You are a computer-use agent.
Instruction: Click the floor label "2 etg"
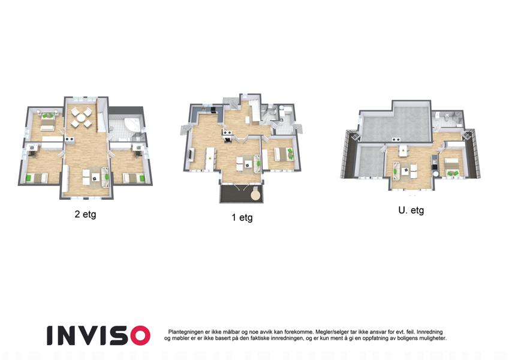[x=85, y=214]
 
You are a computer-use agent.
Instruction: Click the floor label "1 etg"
[x=242, y=217]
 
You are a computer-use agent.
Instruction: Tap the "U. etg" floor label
[x=411, y=211]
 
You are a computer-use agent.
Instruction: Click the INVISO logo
[x=98, y=335]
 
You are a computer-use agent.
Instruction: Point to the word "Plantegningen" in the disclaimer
[x=186, y=332]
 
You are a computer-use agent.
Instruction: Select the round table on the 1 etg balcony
[x=256, y=195]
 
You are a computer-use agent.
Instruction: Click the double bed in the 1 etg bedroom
[x=284, y=154]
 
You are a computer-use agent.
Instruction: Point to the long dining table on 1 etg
[x=210, y=158]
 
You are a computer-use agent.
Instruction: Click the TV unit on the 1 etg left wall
[x=191, y=155]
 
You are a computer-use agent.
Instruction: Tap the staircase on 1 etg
[x=254, y=112]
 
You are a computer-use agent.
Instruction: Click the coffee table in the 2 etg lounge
[x=95, y=178]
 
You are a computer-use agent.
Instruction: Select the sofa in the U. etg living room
[x=396, y=170]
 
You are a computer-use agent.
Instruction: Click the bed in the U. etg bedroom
[x=451, y=166]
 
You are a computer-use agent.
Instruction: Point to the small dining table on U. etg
[x=403, y=150]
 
